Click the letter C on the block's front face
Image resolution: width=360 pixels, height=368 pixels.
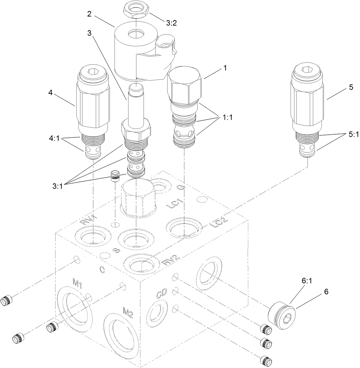click(x=102, y=270)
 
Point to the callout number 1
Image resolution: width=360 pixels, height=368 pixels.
click(x=225, y=68)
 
